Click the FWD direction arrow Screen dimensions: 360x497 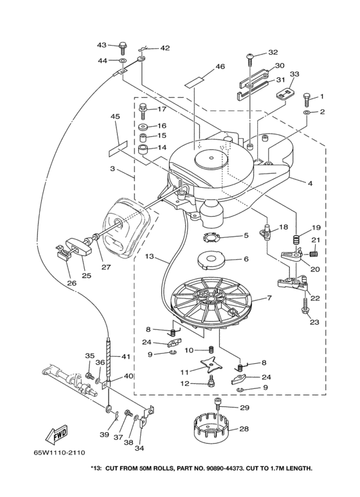pos(57,435)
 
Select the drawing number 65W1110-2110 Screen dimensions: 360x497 pos(59,452)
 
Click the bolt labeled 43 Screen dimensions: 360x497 pos(123,48)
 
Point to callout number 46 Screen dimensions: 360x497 pos(220,66)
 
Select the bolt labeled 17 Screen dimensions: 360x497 pos(143,112)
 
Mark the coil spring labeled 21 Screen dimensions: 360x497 pos(313,254)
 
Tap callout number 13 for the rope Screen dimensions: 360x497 pos(149,256)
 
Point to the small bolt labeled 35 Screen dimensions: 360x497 pos(89,375)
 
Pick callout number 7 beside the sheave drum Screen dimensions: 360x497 pos(269,298)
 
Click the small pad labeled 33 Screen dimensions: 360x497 pos(285,95)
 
